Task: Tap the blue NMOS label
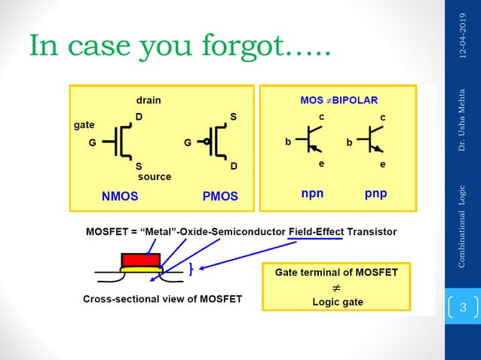click(120, 196)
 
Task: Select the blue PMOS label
click(220, 196)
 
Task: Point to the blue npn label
click(312, 194)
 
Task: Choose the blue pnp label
click(375, 194)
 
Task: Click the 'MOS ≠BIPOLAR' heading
click(339, 99)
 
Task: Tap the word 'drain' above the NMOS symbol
click(148, 99)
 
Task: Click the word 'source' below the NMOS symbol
click(154, 176)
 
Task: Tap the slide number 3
click(463, 307)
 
